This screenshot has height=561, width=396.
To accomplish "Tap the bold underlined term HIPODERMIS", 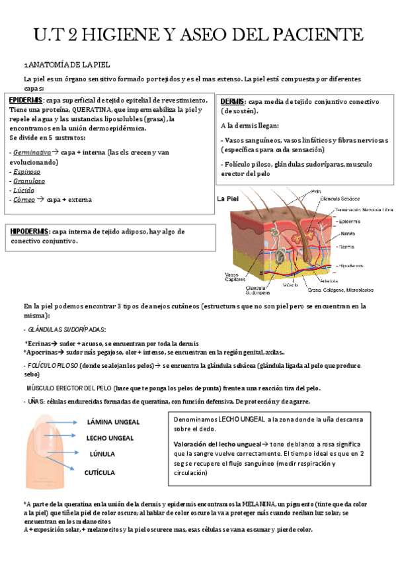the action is click(29, 232).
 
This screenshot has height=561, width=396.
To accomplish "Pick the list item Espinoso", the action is click(27, 171).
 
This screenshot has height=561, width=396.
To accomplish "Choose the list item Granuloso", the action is click(29, 181).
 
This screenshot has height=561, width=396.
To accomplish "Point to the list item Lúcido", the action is click(25, 190).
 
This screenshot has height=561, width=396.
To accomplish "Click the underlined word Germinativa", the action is click(32, 152).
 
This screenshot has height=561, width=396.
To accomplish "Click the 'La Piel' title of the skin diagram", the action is click(228, 198).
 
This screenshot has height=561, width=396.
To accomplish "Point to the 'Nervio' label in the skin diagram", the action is click(348, 233).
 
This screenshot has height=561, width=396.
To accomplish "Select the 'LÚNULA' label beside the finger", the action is click(102, 454).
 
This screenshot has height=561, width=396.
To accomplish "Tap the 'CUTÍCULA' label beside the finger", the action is click(100, 472).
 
